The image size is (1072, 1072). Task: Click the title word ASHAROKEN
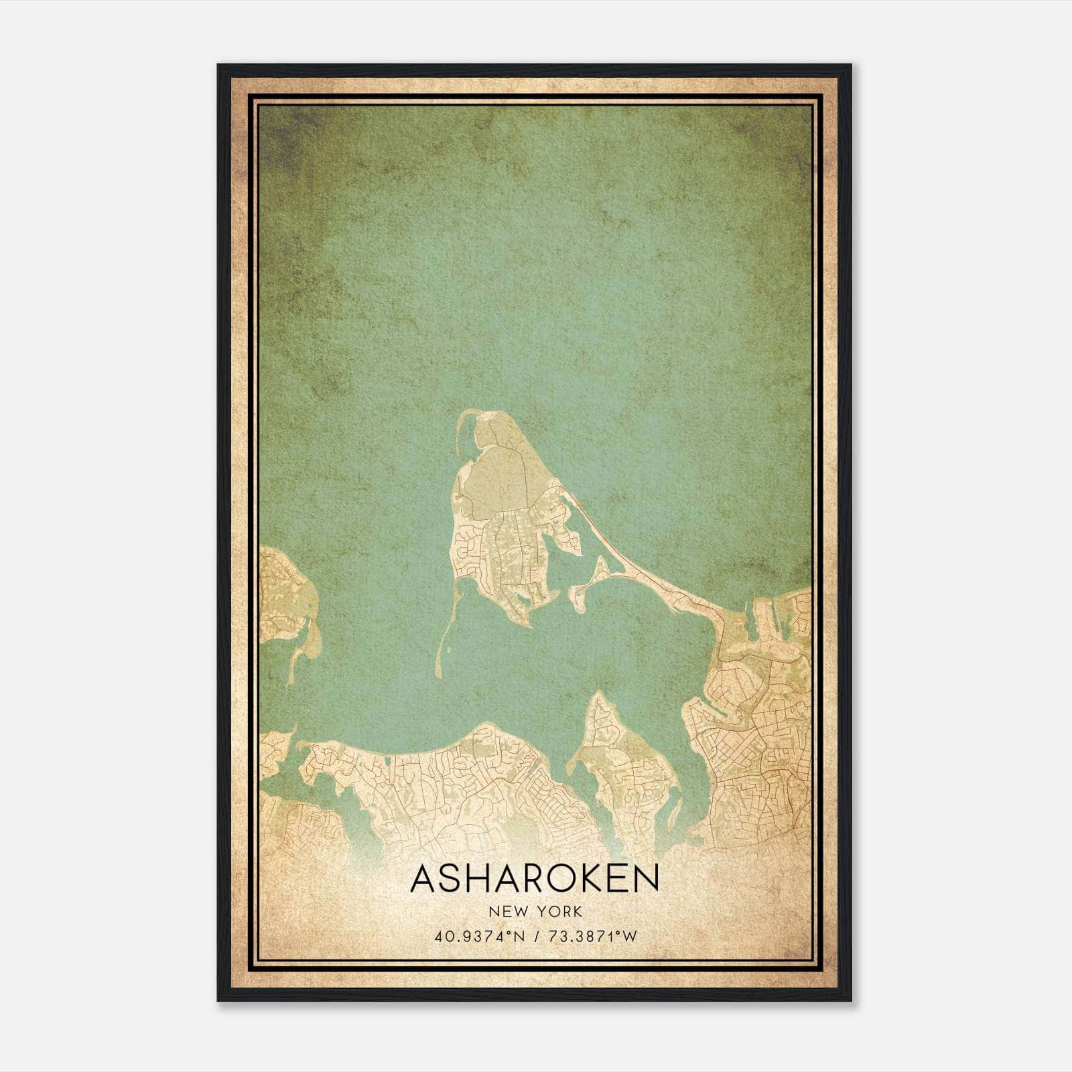pos(535,879)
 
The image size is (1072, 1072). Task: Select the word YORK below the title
pos(557,912)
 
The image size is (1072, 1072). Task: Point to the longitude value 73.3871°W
pos(593,937)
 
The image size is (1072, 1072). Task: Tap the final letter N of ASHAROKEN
pos(647,879)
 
